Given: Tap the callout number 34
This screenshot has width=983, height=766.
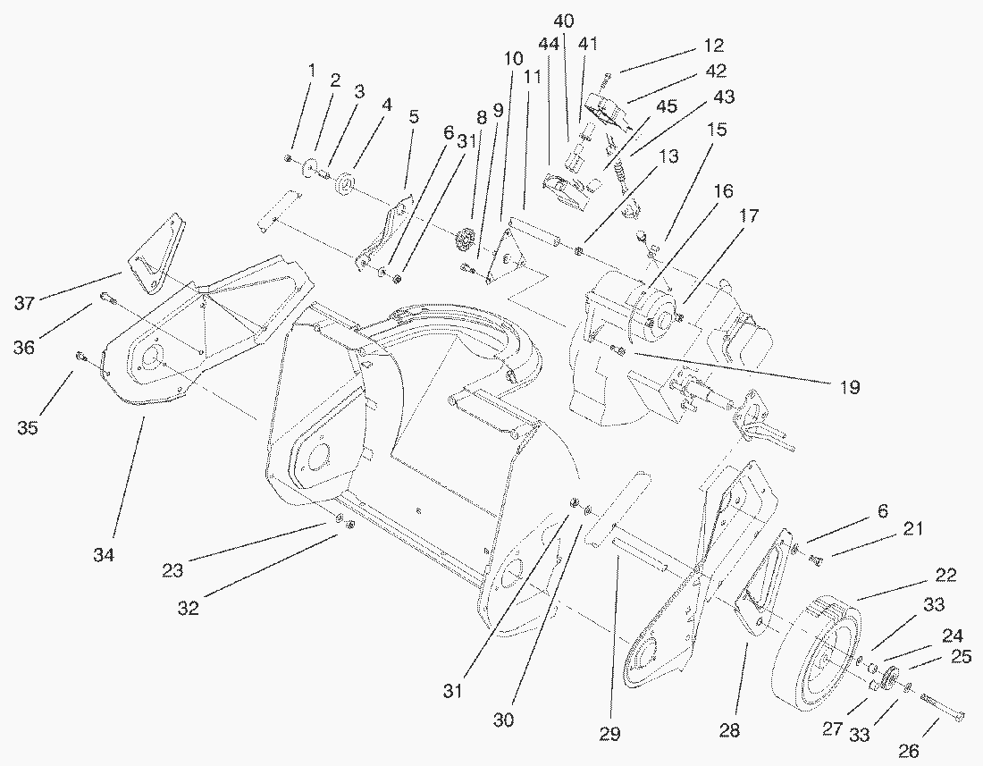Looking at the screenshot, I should (104, 555).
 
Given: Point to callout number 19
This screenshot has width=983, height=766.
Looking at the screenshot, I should (849, 387).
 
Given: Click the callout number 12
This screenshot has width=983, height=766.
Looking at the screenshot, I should (714, 46).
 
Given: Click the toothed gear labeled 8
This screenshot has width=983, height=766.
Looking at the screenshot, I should (465, 240).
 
